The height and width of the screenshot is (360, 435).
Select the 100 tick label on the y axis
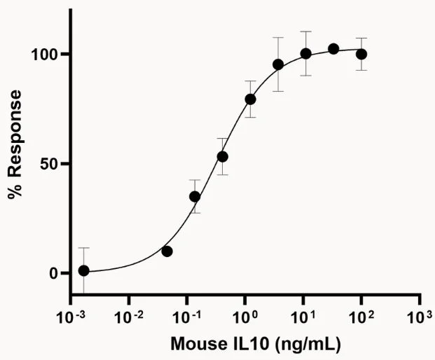pos(48,55)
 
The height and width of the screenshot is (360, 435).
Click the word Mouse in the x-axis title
pos(198,345)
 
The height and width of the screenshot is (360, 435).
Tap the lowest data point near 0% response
pos(84,270)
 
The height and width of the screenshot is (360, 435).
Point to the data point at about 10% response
pos(167,251)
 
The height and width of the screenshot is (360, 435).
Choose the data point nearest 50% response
pos(222,156)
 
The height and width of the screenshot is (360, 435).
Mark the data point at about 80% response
pos(250,99)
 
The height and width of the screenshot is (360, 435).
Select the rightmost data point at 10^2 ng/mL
pos(361,54)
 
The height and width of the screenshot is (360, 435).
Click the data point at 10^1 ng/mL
pos(306,53)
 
